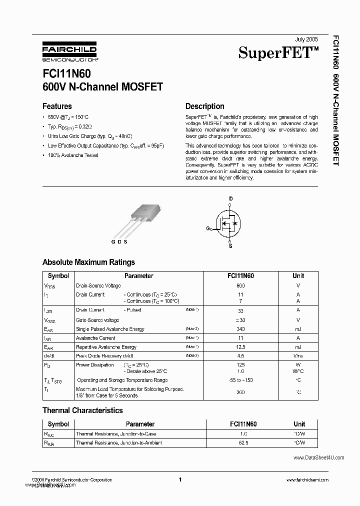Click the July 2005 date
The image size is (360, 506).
pos(306,39)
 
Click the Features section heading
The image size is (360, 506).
pos(57,106)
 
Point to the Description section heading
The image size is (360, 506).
pos(204,106)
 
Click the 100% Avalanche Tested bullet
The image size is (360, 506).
pos(73,155)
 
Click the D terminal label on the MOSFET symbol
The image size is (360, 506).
pos(230,199)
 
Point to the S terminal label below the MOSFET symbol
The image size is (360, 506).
pos(230,246)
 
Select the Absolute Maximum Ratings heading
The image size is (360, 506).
pos(88,262)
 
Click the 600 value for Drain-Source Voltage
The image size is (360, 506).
pos(240,285)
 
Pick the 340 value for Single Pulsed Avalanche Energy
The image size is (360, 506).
pos(240,329)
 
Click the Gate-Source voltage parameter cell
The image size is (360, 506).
pos(97,320)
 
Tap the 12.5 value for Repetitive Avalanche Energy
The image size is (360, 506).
pos(240,347)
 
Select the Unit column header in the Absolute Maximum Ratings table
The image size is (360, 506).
pos(298,275)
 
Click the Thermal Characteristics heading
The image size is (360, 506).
pos(82,410)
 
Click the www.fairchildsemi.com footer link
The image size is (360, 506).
pos(307,479)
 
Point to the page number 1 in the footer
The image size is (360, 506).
pos(179,479)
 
